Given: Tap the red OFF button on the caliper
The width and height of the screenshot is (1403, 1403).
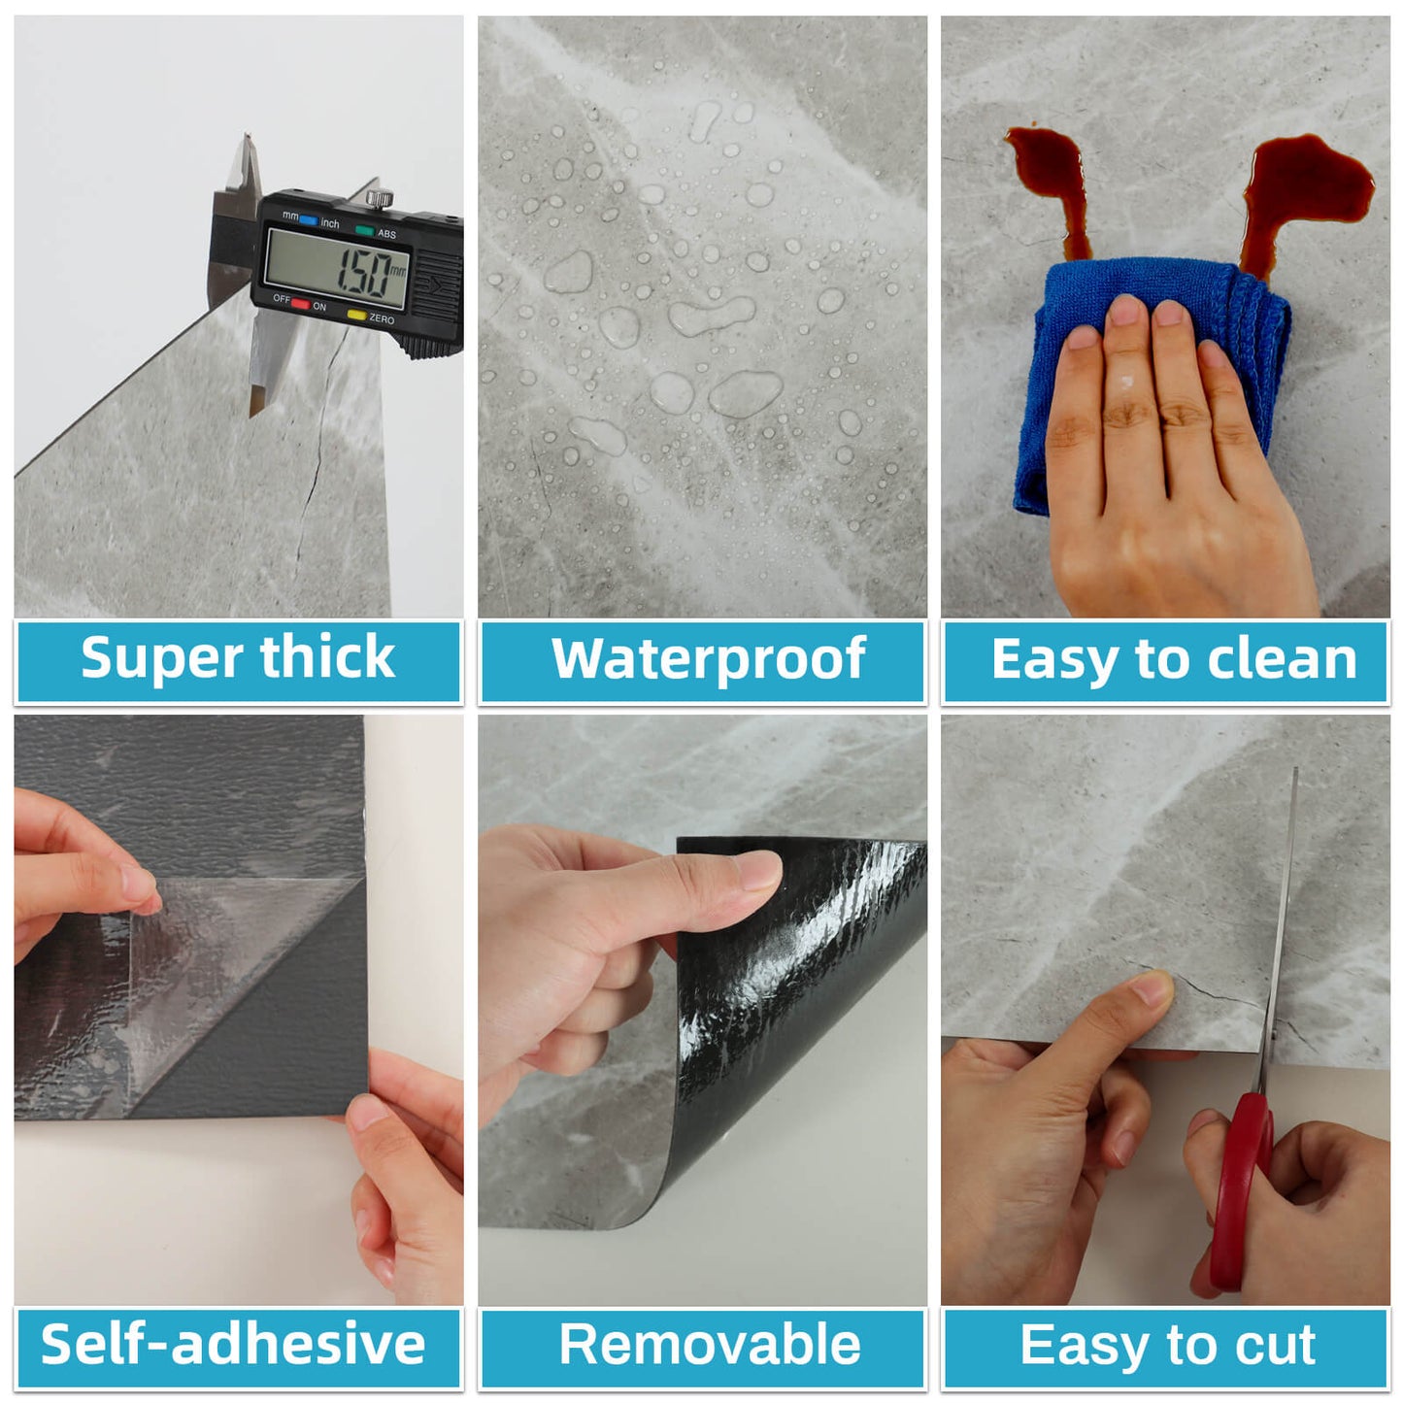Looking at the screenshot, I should (x=300, y=304).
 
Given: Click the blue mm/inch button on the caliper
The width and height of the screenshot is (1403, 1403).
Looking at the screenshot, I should (x=308, y=220).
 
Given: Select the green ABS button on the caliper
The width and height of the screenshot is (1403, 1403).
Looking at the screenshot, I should (x=364, y=230).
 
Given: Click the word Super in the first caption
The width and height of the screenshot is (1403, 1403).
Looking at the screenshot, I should (x=160, y=659).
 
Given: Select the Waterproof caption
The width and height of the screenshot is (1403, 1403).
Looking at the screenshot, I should (x=708, y=660).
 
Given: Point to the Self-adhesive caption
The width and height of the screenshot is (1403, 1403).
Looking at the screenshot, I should (x=233, y=1345).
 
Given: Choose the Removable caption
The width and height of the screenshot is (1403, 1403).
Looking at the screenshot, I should (x=710, y=1346).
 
